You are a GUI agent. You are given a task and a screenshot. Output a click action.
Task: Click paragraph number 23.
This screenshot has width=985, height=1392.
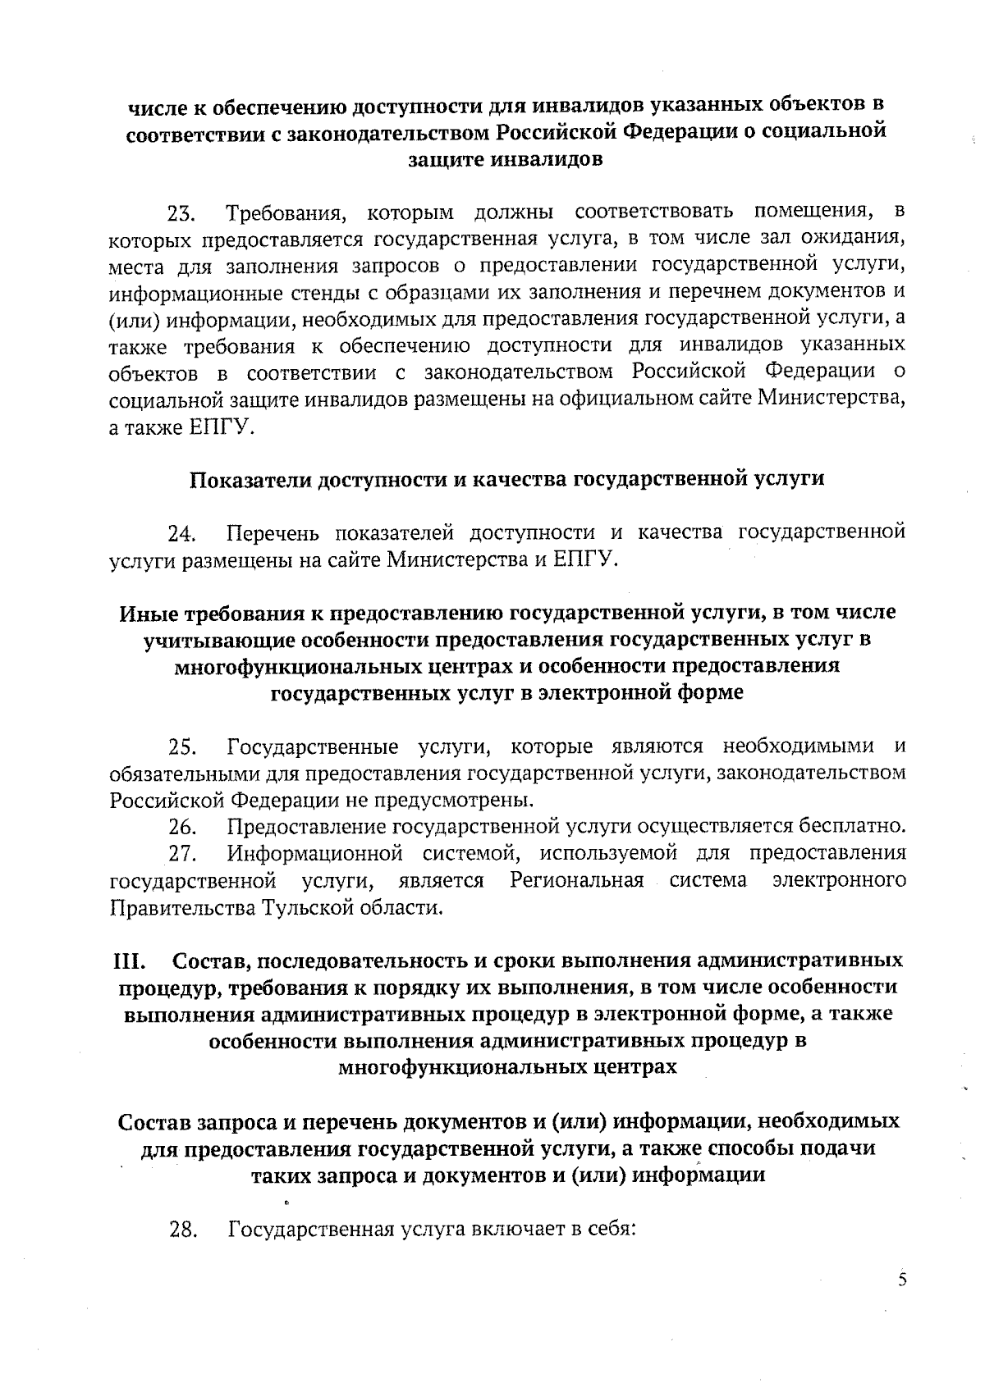[x=181, y=216]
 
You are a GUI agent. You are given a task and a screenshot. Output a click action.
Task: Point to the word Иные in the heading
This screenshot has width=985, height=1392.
[x=148, y=613]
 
